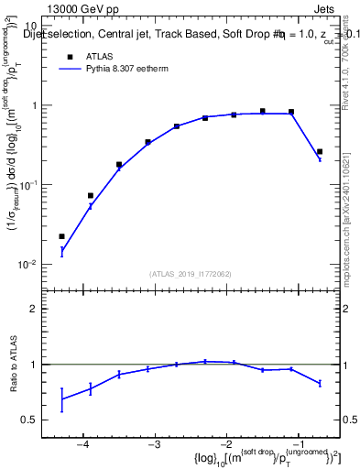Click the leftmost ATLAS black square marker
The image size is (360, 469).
click(61, 236)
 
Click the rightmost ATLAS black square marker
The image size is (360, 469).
click(320, 152)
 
